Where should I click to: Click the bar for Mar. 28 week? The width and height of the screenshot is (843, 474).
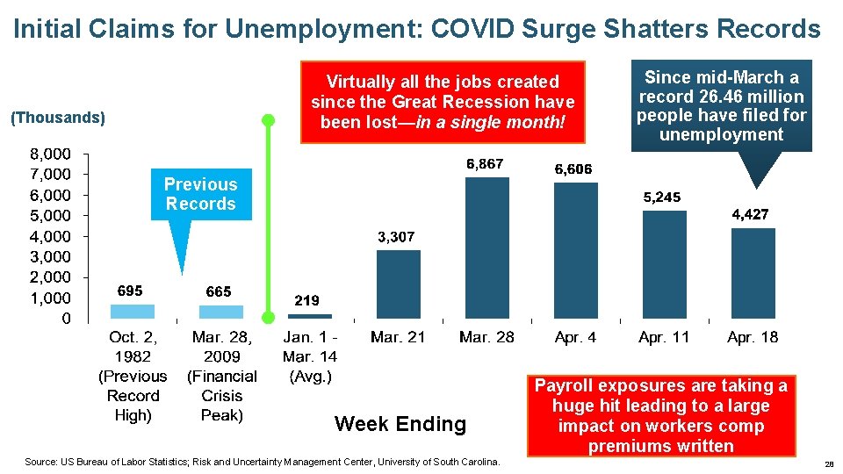(486, 248)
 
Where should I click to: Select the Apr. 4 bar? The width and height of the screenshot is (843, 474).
(576, 250)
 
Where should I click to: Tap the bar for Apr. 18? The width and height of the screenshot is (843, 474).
(753, 273)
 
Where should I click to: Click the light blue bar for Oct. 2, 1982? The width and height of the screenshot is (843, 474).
(133, 311)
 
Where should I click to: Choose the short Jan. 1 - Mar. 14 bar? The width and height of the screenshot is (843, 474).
(309, 315)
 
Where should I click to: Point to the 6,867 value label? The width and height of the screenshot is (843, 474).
(485, 164)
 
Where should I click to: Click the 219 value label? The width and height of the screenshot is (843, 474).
(306, 300)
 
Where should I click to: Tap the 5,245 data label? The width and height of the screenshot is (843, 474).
(662, 197)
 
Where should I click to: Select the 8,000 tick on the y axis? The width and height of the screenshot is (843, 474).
(53, 154)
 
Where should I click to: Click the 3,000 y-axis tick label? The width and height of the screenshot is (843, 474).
(53, 257)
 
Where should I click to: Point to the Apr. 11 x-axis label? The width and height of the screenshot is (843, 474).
(664, 337)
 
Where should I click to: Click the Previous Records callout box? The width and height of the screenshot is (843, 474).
(200, 194)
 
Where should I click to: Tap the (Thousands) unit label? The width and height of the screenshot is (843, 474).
(56, 118)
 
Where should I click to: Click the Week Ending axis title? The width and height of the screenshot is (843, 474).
(400, 424)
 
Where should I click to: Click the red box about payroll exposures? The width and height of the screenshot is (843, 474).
(661, 416)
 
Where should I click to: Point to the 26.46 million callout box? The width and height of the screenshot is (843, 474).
(722, 105)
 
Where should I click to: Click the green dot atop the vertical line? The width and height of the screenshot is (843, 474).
(269, 120)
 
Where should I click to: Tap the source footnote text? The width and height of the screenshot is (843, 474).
(263, 462)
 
